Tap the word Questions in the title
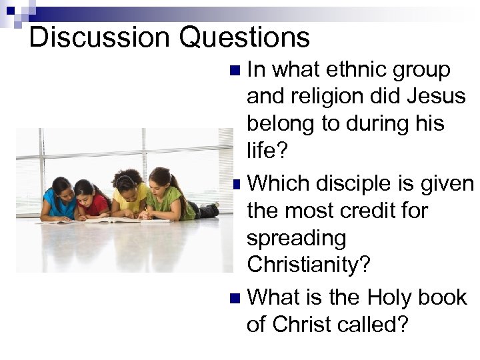(245, 39)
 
